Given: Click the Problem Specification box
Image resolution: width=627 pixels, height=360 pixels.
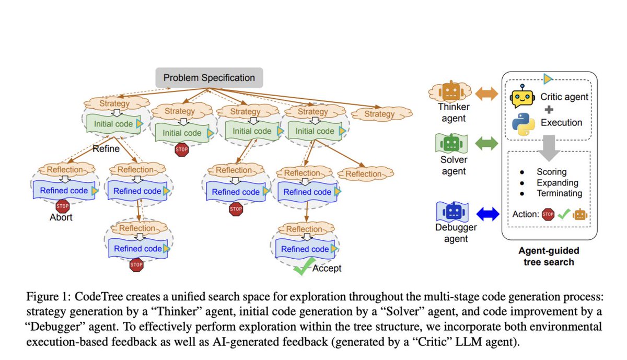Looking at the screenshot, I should [209, 78].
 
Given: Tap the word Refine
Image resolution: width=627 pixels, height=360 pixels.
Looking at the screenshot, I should [107, 148].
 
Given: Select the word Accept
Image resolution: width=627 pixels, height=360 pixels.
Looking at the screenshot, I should [327, 268].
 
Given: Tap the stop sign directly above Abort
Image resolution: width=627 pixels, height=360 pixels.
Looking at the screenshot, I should [63, 205].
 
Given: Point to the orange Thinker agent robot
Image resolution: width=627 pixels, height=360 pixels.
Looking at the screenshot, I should [450, 93].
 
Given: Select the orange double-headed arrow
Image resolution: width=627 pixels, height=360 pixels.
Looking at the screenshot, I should [487, 95].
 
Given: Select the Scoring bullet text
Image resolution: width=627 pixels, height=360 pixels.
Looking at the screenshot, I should [551, 172].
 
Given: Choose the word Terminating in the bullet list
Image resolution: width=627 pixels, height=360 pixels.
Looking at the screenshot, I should [559, 193].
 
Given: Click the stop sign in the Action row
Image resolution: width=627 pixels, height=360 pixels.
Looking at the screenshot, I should [548, 214].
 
